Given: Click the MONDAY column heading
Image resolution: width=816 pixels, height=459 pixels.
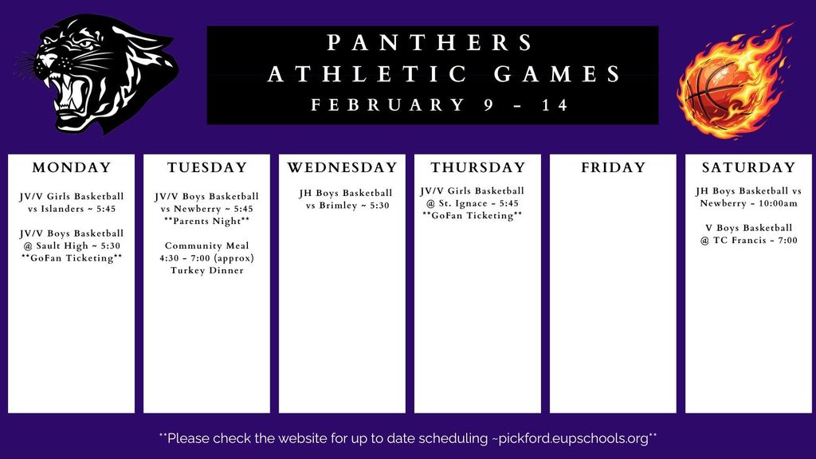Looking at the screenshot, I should tap(72, 168).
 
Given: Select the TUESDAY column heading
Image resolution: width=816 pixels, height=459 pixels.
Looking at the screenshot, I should tap(207, 168).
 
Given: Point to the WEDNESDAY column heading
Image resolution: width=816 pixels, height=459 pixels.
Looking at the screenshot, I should tap(342, 168).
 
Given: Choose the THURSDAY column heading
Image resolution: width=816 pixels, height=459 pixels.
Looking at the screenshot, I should tap(478, 168).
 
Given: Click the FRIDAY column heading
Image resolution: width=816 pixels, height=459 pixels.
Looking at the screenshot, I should tap(613, 168).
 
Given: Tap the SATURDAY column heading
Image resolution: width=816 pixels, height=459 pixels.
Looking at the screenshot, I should tap(748, 168).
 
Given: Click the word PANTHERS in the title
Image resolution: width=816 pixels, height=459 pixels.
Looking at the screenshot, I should tap(431, 42).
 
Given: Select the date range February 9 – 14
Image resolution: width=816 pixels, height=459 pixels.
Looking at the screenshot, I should tap(440, 105).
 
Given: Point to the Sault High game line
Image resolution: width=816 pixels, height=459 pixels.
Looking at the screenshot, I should tap(72, 245).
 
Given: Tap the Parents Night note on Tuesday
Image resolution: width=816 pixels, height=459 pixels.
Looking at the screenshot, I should tap(207, 221).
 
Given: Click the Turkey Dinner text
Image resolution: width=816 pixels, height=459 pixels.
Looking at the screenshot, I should tap(207, 270).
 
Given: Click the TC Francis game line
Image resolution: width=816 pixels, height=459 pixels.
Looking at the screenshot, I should tap(748, 240).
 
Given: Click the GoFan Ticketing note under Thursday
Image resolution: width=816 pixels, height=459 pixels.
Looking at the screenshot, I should tap(473, 216).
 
